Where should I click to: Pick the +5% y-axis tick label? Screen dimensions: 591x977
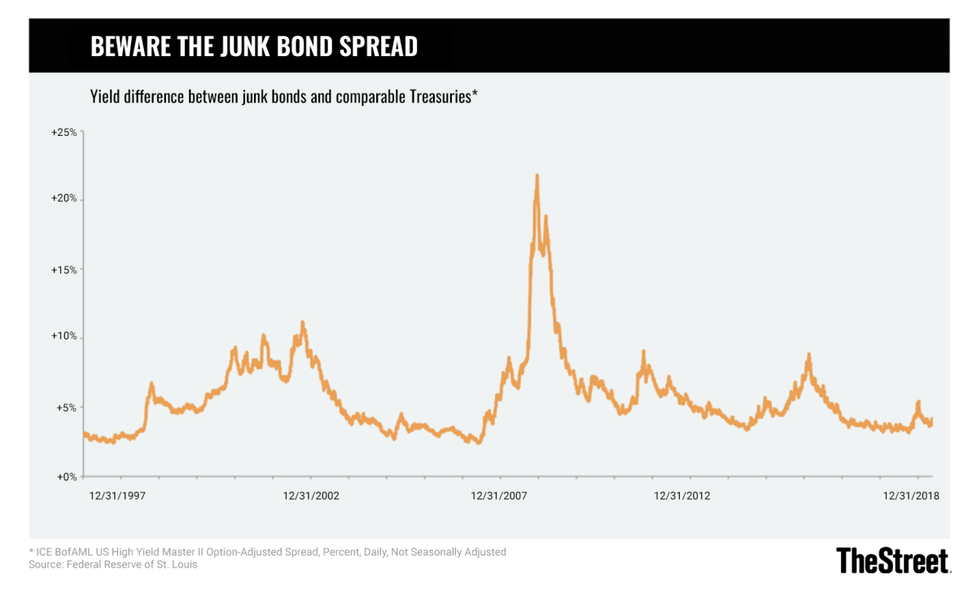[65, 408]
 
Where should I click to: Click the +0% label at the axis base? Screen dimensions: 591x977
[65, 476]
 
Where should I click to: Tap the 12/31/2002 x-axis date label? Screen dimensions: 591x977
[311, 495]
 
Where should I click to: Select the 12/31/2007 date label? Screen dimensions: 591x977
[499, 495]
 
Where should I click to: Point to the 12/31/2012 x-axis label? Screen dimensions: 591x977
[681, 495]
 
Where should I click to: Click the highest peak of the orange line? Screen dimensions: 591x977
[537, 175]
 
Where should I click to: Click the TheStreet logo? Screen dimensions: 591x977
[892, 561]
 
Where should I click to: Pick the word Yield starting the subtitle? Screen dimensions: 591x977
[104, 98]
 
